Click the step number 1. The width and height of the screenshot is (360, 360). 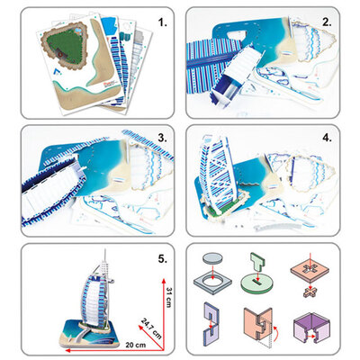[163, 22]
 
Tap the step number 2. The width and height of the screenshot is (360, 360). [327, 22]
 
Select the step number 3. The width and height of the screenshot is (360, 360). [162, 139]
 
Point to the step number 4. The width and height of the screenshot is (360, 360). [327, 139]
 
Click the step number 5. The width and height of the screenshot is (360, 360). [162, 258]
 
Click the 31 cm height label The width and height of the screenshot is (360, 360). [169, 297]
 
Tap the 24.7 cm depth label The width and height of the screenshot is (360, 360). [151, 328]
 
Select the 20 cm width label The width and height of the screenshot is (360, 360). [136, 345]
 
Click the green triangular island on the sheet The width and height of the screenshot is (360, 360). [65, 49]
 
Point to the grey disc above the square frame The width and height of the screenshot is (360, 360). [212, 258]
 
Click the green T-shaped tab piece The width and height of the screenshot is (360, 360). [258, 262]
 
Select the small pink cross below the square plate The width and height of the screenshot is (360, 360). [310, 291]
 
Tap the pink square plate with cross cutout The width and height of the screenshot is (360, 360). [310, 270]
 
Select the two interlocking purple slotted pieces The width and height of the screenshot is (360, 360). [211, 325]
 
